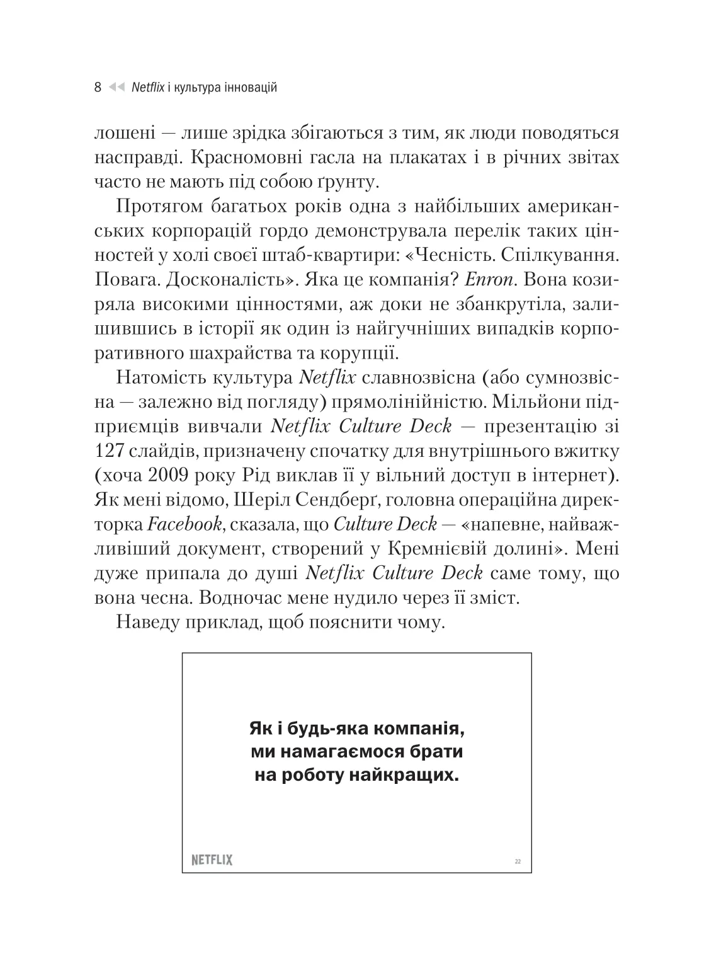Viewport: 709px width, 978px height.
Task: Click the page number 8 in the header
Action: (x=98, y=88)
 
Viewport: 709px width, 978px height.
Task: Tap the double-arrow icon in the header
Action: (x=117, y=88)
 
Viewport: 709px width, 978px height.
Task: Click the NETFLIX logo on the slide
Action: (x=212, y=860)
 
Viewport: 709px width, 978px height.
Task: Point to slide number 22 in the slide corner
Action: (x=518, y=861)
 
